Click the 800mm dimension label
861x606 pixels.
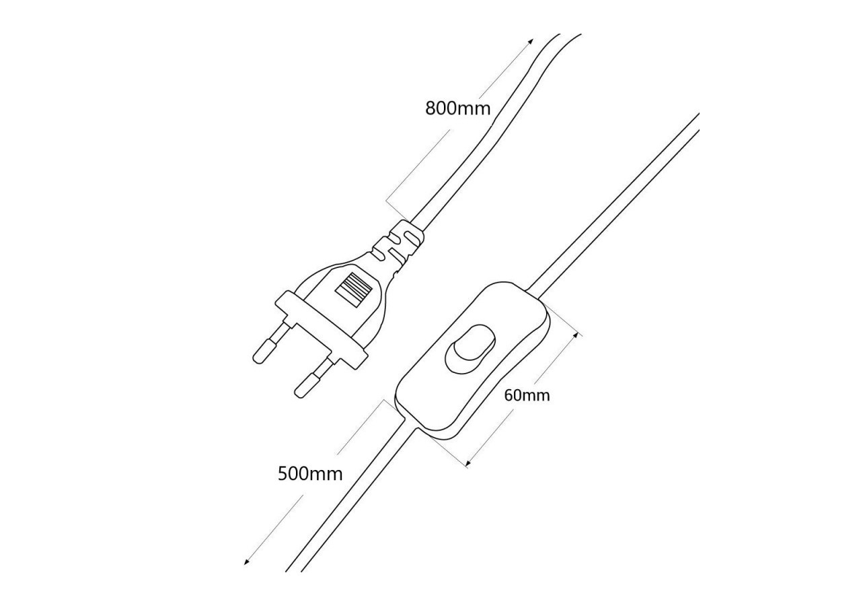458,109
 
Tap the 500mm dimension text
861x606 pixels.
310,473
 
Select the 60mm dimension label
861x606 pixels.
527,395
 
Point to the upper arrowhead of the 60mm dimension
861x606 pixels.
575,335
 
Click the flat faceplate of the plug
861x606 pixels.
321,330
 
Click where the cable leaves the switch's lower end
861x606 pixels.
410,424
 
